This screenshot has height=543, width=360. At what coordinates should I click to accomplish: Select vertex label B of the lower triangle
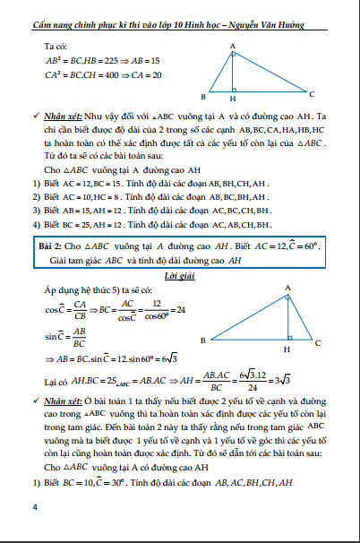(203, 340)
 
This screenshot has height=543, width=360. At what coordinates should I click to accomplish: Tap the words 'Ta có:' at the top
(56, 45)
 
